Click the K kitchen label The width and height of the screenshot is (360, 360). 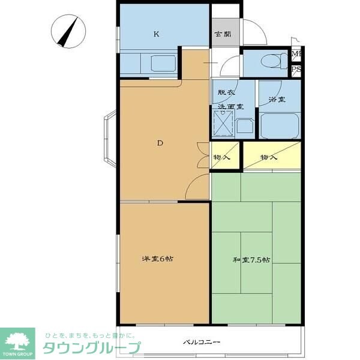(x=156, y=34)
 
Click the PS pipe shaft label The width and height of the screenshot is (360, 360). (x=296, y=70)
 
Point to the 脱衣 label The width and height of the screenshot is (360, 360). (x=226, y=92)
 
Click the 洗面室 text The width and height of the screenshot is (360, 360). (x=226, y=106)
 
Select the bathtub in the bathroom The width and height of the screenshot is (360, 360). (x=281, y=125)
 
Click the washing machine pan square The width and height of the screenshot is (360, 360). (x=223, y=125)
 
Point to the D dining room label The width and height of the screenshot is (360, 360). (x=160, y=143)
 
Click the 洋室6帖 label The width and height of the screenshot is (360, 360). (x=158, y=259)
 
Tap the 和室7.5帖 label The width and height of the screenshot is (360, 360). (x=251, y=260)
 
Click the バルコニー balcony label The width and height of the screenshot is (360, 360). (x=202, y=343)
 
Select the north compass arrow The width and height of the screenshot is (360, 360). (x=68, y=31)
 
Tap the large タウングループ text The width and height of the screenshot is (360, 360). (x=91, y=348)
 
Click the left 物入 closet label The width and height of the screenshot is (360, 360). (x=221, y=157)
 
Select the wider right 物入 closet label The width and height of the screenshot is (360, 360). (x=269, y=157)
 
